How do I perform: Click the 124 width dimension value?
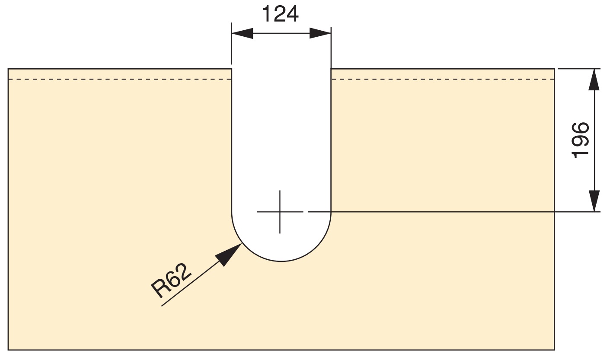pyautogui.click(x=281, y=14)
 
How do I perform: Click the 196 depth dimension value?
pyautogui.click(x=580, y=140)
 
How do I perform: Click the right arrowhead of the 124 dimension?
pyautogui.click(x=320, y=33)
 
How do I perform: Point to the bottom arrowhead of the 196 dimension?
pyautogui.click(x=594, y=201)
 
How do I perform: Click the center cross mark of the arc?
pyautogui.click(x=280, y=212)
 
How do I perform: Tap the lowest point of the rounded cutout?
pyautogui.click(x=281, y=261)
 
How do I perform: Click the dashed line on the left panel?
pyautogui.click(x=120, y=80)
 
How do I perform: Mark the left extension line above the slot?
pyautogui.click(x=232, y=48)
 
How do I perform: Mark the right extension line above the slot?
pyautogui.click(x=331, y=48)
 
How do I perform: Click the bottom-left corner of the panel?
pyautogui.click(x=9, y=349)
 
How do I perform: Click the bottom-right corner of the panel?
pyautogui.click(x=555, y=349)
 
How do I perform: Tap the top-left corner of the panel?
pyautogui.click(x=9, y=69)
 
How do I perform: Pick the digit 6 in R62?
pyautogui.click(x=172, y=280)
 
